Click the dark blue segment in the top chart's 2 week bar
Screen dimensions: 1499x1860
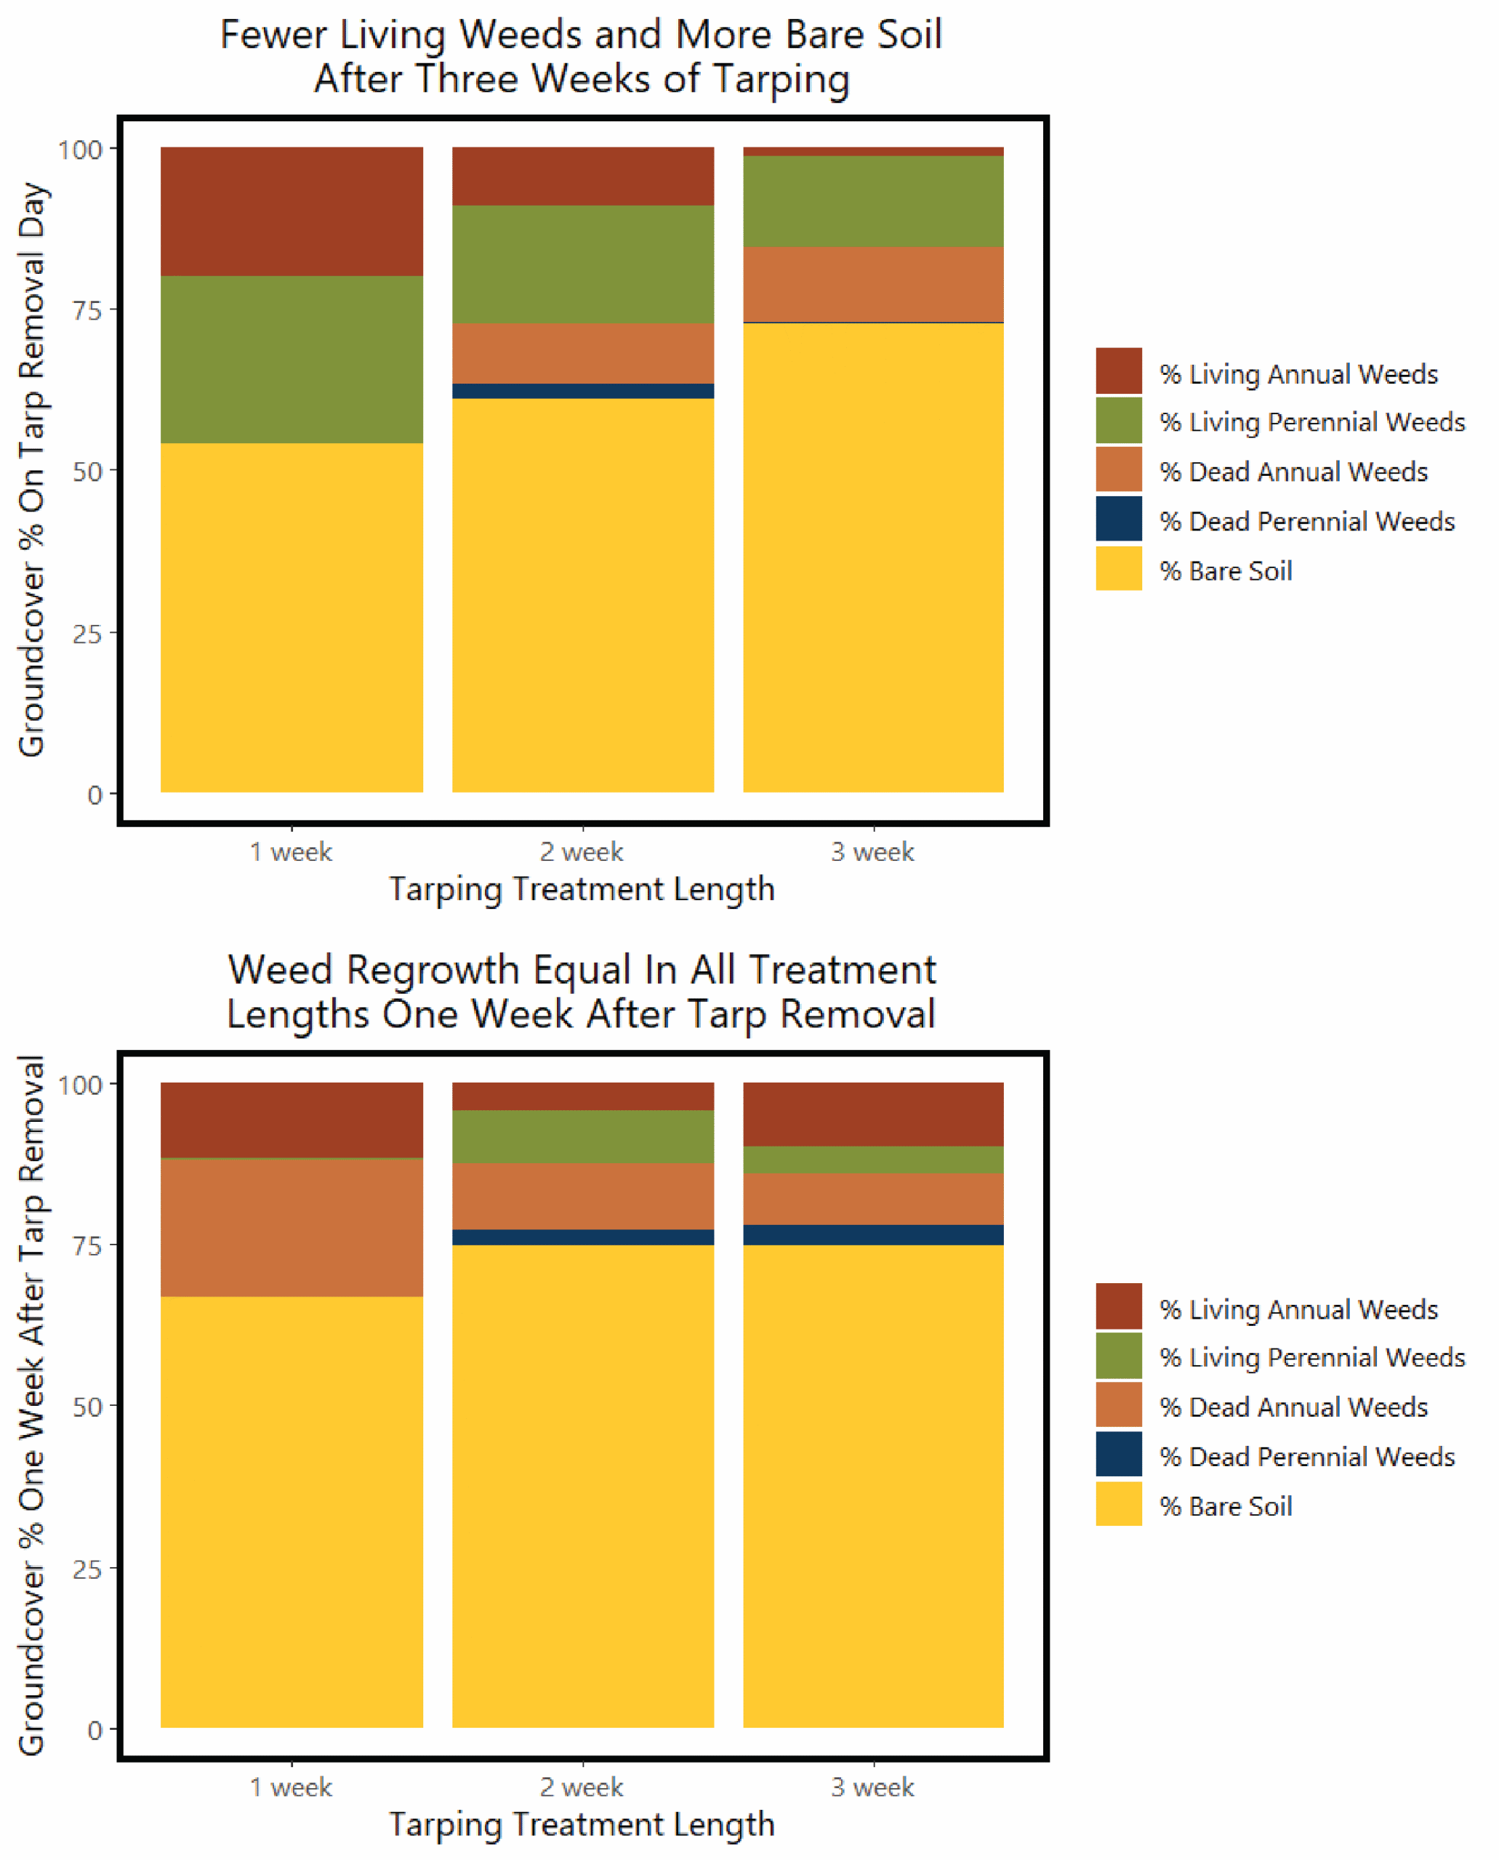pyautogui.click(x=583, y=391)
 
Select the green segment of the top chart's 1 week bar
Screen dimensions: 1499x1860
pyautogui.click(x=292, y=360)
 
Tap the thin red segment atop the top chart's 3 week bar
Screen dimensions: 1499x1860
pyautogui.click(x=873, y=152)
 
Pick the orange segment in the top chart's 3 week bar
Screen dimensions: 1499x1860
pyautogui.click(x=873, y=285)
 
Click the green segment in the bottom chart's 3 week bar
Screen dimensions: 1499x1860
pyautogui.click(x=873, y=1160)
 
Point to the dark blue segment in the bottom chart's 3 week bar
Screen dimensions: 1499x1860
pyautogui.click(x=873, y=1235)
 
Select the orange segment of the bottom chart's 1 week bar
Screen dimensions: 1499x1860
pyautogui.click(x=292, y=1227)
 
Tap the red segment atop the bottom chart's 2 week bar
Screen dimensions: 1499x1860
pyautogui.click(x=583, y=1096)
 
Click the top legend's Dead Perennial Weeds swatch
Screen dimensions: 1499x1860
pyautogui.click(x=1119, y=519)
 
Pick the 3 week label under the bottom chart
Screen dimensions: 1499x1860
pyautogui.click(x=872, y=1787)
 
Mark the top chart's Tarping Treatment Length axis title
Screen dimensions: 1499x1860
pyautogui.click(x=582, y=889)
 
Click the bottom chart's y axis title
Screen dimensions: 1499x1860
pyautogui.click(x=31, y=1404)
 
